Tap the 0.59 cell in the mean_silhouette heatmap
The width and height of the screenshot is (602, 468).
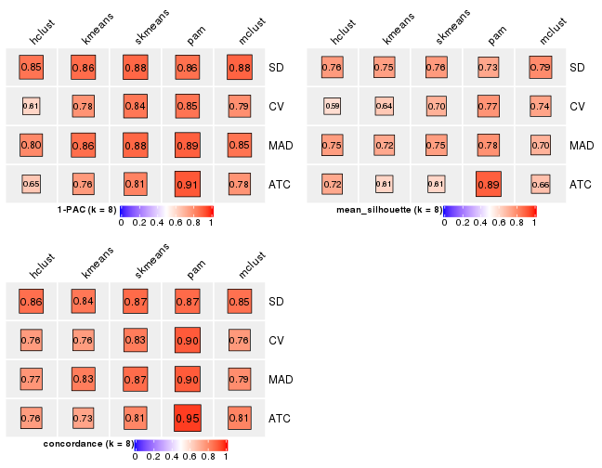point(333,106)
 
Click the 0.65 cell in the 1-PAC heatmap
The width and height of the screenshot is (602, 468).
point(31,185)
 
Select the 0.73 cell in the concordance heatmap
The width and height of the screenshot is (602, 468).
point(83,419)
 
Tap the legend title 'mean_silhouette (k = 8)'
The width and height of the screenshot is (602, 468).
point(389,210)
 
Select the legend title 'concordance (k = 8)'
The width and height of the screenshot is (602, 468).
point(88,444)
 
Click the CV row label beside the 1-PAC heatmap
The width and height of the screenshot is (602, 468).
point(277,107)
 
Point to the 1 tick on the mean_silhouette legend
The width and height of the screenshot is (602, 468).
point(535,223)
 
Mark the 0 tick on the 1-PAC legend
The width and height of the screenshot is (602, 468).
point(122,223)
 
